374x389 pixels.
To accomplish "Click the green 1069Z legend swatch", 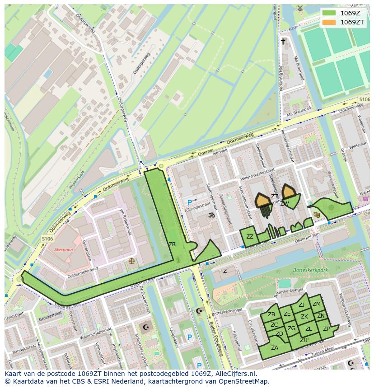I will point(329,13).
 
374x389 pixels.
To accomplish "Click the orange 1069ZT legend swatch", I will point(329,22).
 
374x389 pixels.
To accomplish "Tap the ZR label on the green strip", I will point(172,244).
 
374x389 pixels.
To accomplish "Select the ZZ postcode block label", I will point(249,237).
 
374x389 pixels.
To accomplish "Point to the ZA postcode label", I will point(275,347).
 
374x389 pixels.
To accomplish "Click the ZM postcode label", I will point(317,304).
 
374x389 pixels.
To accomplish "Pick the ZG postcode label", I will point(291,328).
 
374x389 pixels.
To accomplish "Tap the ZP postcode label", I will point(326,329).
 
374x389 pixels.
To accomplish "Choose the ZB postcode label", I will point(271,314).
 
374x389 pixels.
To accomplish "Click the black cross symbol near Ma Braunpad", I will point(283,42).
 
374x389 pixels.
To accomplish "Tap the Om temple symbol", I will point(210,216).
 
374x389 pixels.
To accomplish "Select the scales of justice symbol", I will point(131,261).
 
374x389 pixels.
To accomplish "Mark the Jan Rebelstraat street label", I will point(121,216).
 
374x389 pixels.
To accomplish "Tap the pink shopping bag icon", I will point(365,198).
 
